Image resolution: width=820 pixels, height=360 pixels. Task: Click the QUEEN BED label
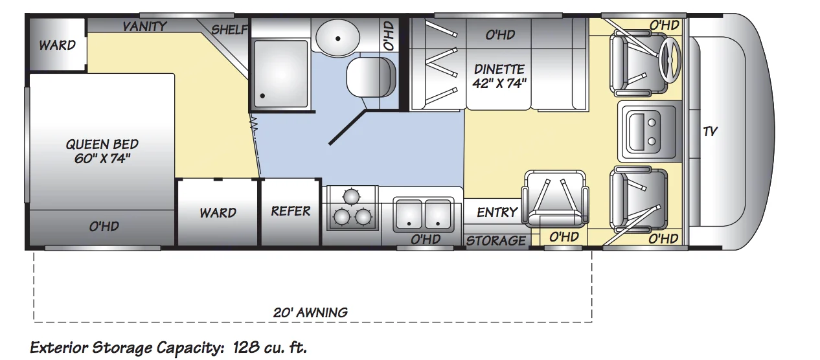[x=102, y=150]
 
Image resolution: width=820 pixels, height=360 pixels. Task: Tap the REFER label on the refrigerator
[x=291, y=211]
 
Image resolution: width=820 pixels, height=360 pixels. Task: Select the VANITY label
[x=145, y=27]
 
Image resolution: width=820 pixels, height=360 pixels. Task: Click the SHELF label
[x=229, y=30]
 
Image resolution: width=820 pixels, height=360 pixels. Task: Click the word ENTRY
[x=497, y=212]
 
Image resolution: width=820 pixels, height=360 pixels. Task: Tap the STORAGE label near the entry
[x=496, y=240]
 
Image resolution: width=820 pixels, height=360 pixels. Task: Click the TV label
[x=711, y=131]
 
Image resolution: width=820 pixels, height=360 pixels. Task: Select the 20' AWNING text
[x=310, y=312]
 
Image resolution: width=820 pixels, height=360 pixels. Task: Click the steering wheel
[x=670, y=60]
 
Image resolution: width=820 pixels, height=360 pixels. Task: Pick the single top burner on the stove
[x=350, y=196]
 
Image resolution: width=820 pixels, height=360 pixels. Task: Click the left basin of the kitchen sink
[x=409, y=213]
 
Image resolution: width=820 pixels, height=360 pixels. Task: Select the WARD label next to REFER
[x=218, y=212]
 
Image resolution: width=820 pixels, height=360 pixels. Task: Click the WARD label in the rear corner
[x=57, y=45]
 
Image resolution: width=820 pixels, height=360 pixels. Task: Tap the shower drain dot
[x=262, y=96]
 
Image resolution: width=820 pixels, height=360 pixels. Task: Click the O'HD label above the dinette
[x=499, y=34]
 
